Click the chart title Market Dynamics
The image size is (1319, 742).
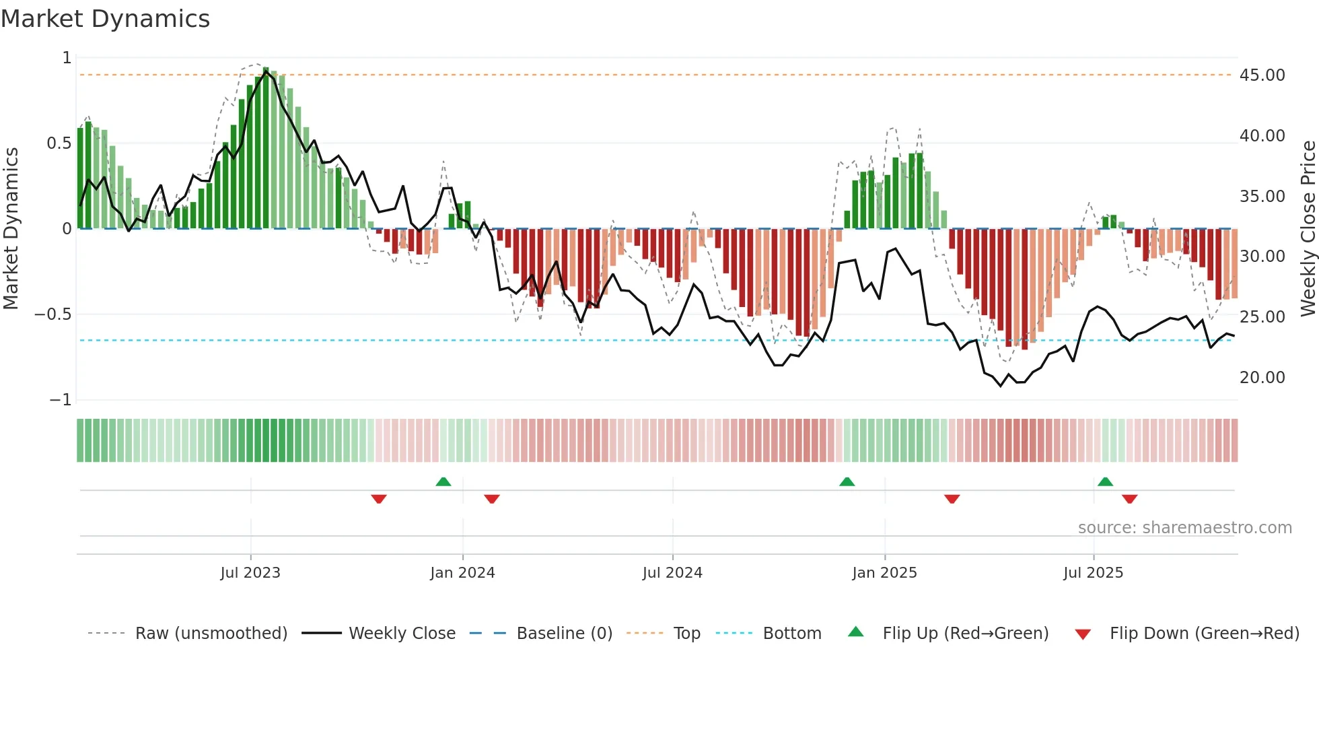click(105, 19)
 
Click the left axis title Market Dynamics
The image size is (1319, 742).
click(11, 228)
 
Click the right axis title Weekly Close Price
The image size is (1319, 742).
click(1308, 228)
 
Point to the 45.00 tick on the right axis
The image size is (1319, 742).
click(1262, 75)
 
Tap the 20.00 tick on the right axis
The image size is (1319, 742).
click(1262, 378)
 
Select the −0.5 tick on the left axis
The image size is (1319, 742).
click(52, 314)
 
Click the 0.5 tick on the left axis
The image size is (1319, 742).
click(59, 143)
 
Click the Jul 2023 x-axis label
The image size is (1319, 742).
click(250, 573)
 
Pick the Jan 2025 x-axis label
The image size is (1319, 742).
click(884, 573)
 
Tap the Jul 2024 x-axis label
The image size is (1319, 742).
click(672, 573)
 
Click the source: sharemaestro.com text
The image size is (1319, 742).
click(1184, 528)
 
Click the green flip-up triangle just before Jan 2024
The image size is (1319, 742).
click(443, 481)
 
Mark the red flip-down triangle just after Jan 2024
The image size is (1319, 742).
click(492, 499)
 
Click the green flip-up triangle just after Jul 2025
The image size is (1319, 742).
click(1105, 481)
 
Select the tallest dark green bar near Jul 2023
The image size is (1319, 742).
click(266, 148)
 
